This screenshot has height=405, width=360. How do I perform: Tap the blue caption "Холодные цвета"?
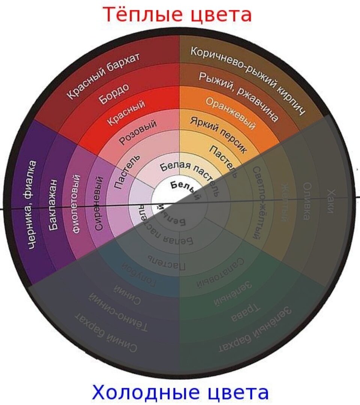click(180, 393)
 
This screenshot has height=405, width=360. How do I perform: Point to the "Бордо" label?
click(114, 95)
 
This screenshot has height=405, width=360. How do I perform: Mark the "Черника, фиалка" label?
click(33, 204)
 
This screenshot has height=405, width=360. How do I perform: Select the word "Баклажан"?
click(53, 205)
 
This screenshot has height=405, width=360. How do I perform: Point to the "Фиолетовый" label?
click(76, 204)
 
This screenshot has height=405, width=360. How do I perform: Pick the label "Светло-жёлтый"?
click(257, 202)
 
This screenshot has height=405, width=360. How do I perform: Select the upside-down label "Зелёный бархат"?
click(255, 330)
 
